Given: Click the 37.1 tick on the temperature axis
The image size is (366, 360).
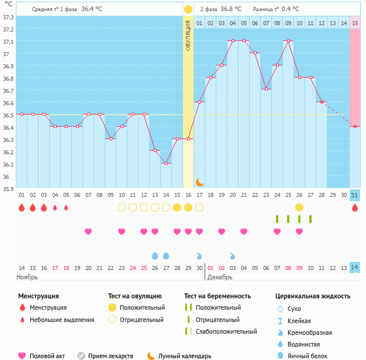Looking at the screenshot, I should tap(8, 42).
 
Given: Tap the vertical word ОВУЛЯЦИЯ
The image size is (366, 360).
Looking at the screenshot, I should tap(188, 35).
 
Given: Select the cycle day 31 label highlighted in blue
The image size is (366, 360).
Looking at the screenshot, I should tap(355, 195).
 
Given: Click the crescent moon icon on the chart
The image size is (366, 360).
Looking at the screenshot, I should tap(199, 182).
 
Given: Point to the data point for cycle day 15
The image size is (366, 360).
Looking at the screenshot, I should tap(177, 139).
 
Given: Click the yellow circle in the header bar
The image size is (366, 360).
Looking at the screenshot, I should tap(188, 9).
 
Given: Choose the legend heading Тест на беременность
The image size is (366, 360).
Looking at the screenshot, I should tap(217, 296).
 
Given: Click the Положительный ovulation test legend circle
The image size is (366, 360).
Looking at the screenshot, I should tap(112, 307).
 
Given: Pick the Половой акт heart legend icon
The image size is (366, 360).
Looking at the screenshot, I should tap(22, 355).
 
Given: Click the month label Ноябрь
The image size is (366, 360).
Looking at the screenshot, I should tap(27, 276).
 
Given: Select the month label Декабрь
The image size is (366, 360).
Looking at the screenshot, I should tap(220, 276).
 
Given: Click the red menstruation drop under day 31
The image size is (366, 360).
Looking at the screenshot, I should tap(355, 207).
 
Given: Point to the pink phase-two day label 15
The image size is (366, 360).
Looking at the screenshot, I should tap(355, 23).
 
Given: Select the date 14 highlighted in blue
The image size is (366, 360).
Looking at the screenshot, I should tap(355, 268).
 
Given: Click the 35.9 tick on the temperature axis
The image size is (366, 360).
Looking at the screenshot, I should tap(8, 189).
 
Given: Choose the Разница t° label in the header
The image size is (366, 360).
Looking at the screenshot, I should tap(266, 9).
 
